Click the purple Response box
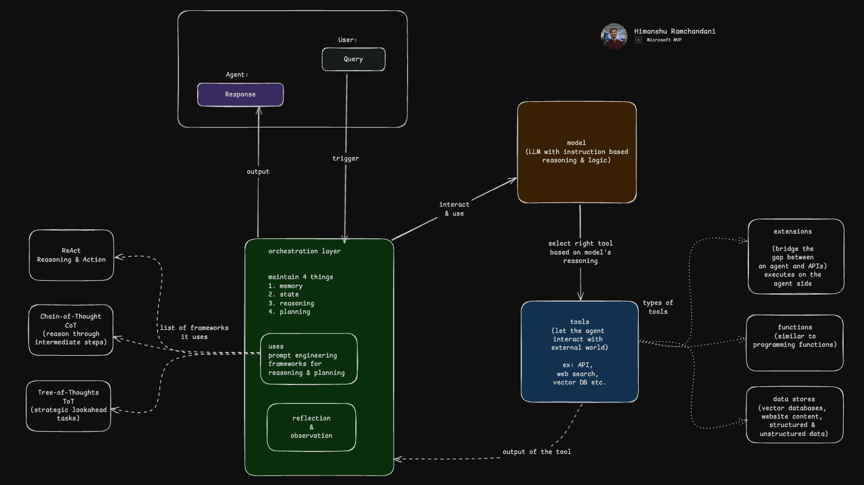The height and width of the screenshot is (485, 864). (x=240, y=95)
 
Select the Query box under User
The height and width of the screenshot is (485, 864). (x=354, y=59)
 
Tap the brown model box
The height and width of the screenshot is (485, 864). (x=576, y=152)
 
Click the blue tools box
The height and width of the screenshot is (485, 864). (x=579, y=351)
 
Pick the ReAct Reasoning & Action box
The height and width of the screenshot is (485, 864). (x=71, y=255)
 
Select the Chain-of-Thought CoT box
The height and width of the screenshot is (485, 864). (x=71, y=329)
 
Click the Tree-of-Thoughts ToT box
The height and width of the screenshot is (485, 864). (x=68, y=405)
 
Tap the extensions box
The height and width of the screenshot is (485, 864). (x=796, y=256)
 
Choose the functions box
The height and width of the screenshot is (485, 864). (x=794, y=342)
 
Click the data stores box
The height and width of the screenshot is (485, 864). (x=794, y=415)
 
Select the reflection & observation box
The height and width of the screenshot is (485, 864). (x=311, y=427)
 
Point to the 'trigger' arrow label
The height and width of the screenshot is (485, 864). (x=346, y=159)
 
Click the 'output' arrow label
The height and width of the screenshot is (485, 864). (x=258, y=172)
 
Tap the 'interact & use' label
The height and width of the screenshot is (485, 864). (x=454, y=209)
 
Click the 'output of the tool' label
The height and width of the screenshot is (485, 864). (x=536, y=452)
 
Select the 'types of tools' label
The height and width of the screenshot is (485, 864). (x=658, y=307)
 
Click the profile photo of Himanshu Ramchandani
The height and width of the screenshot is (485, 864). (x=614, y=36)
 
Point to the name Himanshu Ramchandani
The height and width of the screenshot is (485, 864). (x=675, y=31)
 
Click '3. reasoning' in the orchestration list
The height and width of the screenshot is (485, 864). (x=291, y=303)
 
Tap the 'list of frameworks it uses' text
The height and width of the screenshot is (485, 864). (x=194, y=332)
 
